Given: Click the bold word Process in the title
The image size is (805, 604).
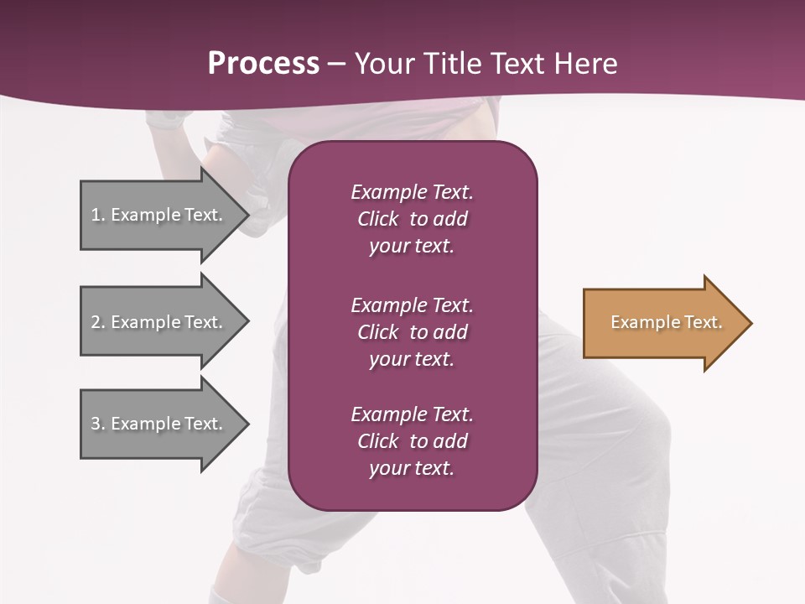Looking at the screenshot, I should (x=263, y=64).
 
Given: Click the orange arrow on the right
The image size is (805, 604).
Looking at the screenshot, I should (x=662, y=323).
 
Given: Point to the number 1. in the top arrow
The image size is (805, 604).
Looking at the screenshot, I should (x=98, y=215).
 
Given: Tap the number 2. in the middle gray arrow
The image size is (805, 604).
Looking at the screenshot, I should (x=98, y=322).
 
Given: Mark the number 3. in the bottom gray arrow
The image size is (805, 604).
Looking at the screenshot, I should (x=98, y=424).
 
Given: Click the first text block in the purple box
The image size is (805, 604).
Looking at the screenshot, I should (x=412, y=219).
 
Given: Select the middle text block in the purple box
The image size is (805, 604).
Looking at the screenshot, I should (x=412, y=332).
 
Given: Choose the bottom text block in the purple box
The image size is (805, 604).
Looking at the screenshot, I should (x=412, y=441).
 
